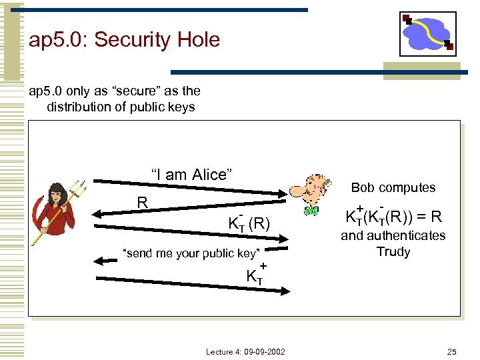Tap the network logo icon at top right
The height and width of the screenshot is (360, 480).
427,33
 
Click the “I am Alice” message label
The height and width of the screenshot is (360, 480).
191,175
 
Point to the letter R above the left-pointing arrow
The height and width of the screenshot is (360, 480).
141,202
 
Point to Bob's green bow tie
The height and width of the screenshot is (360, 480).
311,211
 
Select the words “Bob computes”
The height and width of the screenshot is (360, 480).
393,188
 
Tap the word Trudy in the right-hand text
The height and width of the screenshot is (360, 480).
393,252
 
